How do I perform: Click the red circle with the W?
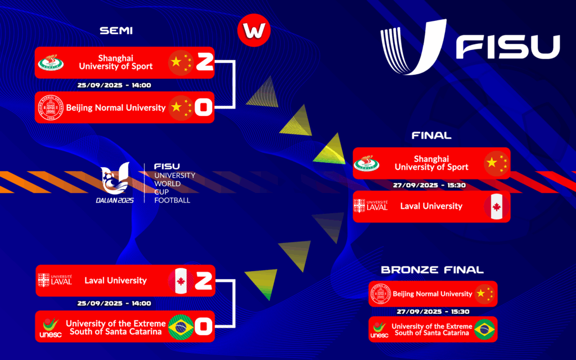pos(254,30)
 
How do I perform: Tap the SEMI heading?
pos(116,30)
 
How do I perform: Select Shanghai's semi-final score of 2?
pos(205,62)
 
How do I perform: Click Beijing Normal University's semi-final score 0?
pos(204,107)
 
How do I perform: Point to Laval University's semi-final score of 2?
pos(204,281)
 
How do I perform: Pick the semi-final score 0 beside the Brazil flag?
pos(204,326)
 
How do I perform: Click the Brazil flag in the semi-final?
pos(181,327)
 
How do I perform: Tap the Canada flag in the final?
pos(497,206)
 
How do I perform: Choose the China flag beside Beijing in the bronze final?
pos(484,294)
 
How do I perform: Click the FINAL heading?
pos(431,136)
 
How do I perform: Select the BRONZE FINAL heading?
pos(432,270)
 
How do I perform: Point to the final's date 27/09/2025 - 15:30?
pos(429,185)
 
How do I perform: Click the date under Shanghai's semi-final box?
pos(114,85)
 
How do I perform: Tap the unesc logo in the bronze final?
pos(380,330)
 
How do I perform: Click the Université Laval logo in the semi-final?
pos(55,280)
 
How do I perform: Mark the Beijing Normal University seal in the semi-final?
pos(51,107)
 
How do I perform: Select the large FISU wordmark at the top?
pos(508,47)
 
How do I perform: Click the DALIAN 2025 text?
pos(115,200)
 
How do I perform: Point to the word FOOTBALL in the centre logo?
pos(172,200)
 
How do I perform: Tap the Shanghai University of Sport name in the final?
pos(431,163)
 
